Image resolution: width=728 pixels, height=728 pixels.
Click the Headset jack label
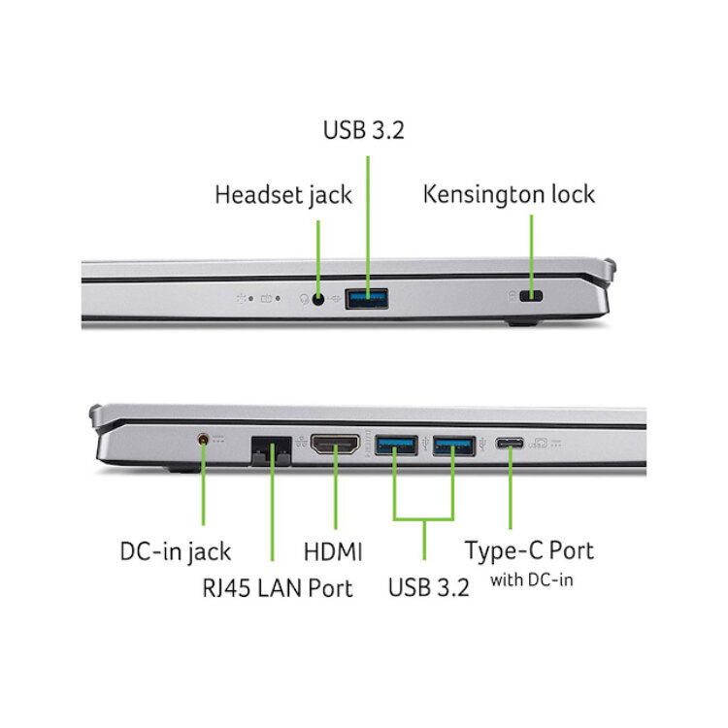click(283, 195)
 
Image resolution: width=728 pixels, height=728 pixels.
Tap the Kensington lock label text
click(509, 194)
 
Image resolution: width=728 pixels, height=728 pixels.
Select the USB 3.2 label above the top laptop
click(364, 130)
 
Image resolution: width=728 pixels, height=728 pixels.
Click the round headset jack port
click(318, 299)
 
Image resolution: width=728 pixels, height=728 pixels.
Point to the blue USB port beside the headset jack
click(367, 299)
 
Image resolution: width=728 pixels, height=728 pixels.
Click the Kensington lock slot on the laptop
click(531, 296)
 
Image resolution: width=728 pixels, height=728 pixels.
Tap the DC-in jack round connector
click(203, 439)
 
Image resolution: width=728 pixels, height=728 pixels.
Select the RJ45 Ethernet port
click(271, 450)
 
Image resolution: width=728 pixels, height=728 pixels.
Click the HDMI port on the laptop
click(335, 445)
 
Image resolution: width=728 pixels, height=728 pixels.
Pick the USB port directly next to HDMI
click(396, 446)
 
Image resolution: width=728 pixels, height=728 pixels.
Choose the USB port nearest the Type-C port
click(454, 447)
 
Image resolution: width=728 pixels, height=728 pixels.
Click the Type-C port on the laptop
click(510, 444)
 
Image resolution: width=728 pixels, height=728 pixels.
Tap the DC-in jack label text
click(176, 552)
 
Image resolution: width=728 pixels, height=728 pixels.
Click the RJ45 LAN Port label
click(278, 588)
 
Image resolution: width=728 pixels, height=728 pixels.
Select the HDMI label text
click(333, 552)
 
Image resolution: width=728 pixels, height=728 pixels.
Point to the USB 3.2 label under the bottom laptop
click(428, 587)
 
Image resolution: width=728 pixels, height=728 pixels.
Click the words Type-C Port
click(529, 551)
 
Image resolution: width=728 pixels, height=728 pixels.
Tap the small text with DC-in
click(532, 579)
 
